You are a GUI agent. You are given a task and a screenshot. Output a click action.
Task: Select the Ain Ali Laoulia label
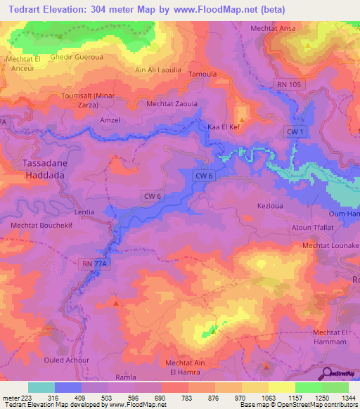[157, 70]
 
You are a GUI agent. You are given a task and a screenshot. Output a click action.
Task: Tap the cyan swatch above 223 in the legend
[41, 387]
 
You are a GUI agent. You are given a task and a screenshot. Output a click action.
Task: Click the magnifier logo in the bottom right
[328, 373]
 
